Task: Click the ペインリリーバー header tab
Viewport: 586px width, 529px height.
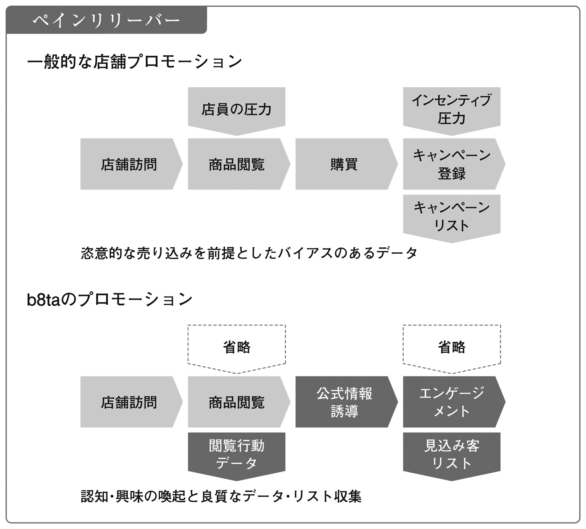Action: (x=106, y=20)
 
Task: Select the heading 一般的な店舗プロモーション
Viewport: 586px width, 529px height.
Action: (x=135, y=62)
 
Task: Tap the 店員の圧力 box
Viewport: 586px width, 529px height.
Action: (x=237, y=111)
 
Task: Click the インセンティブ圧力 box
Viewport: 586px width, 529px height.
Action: (x=452, y=111)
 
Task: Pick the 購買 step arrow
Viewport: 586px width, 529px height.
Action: (x=346, y=164)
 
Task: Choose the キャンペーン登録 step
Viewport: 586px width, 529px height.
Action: (x=454, y=164)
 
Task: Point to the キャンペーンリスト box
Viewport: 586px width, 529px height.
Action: (x=452, y=218)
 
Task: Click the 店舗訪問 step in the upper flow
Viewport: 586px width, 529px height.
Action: (x=131, y=164)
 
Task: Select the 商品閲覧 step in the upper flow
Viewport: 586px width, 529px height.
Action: (x=239, y=164)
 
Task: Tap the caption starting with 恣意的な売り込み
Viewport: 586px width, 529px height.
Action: (x=249, y=253)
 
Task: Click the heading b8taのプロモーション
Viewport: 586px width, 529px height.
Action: (x=110, y=300)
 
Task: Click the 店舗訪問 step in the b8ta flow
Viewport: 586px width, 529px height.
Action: (x=131, y=402)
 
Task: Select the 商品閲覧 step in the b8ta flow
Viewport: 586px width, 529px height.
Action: (x=239, y=402)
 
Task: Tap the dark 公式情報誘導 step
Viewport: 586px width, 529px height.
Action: (x=346, y=402)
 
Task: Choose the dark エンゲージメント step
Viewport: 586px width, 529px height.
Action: (x=454, y=402)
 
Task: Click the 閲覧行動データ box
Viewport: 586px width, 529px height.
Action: (x=237, y=456)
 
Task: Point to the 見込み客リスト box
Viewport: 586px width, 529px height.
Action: (x=452, y=456)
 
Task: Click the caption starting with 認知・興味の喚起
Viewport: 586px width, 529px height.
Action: (x=221, y=496)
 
